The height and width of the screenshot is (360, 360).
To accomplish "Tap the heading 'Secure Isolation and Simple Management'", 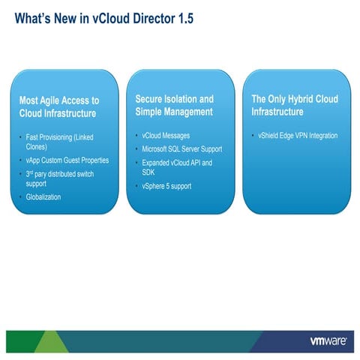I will coord(175,105).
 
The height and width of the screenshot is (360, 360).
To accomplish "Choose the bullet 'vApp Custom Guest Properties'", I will coord(73,160).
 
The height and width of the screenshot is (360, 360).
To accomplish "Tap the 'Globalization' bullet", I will coord(43,196).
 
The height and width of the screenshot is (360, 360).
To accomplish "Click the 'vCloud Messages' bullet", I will coord(166,136).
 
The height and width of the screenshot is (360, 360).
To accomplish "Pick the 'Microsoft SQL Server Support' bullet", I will coord(181,148).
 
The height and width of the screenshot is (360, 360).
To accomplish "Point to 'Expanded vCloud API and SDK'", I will coord(177,167).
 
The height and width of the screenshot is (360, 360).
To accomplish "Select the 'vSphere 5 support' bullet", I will coord(170,186).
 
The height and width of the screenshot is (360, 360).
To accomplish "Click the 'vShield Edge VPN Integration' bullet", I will coord(298,136).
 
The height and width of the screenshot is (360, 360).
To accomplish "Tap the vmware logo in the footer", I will coord(327,340).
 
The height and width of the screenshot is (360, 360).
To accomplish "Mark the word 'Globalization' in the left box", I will coord(43,196).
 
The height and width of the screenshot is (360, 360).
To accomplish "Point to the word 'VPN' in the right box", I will coord(305,136).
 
